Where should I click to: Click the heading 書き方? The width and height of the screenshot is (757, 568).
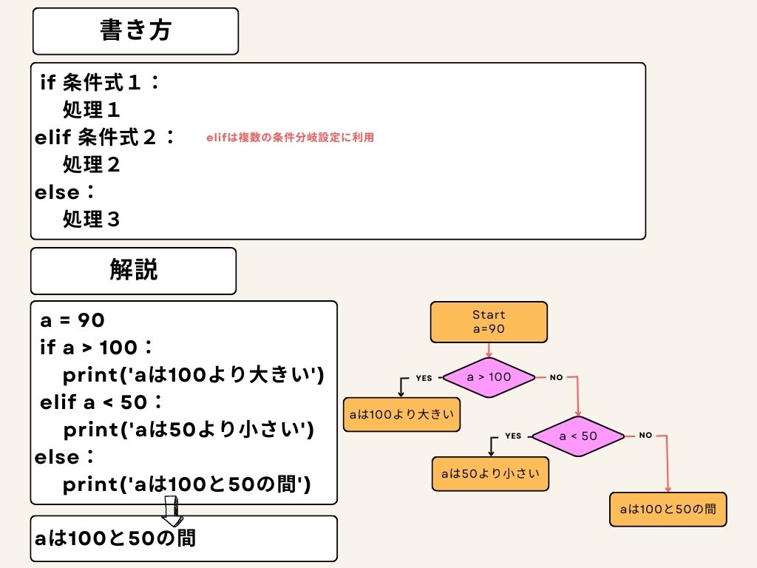click(135, 31)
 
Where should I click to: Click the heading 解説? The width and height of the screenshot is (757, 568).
click(134, 271)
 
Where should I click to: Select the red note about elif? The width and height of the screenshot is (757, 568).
click(291, 138)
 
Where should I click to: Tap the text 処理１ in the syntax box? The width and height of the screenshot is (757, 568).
click(92, 110)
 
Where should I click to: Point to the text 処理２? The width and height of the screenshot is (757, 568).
click(92, 164)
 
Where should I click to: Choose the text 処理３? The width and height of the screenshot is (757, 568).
click(92, 220)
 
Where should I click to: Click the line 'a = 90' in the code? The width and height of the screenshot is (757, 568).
click(72, 320)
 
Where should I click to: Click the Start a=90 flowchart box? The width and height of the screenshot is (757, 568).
click(489, 322)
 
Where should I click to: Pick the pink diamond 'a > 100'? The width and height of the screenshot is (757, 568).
click(489, 376)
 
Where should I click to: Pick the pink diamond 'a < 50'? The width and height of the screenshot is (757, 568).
click(578, 436)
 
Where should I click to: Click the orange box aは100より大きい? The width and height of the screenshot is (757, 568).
click(401, 414)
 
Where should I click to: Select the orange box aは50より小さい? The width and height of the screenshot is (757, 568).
click(490, 473)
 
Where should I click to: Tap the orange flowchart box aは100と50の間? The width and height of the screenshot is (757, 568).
click(668, 509)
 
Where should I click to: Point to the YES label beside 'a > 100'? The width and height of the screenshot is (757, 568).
click(424, 378)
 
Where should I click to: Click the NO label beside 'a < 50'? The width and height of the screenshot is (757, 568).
click(645, 436)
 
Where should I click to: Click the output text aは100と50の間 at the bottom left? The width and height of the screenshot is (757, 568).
click(115, 538)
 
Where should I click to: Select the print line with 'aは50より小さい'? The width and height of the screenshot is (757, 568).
click(189, 430)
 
